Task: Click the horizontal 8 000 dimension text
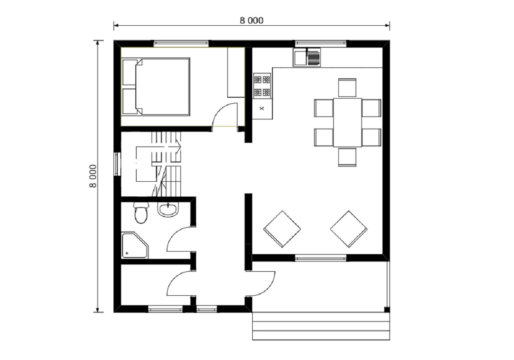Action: point(251,21)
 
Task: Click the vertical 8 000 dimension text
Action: point(93,176)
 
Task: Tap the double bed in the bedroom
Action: point(156,87)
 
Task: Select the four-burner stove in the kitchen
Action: point(262,86)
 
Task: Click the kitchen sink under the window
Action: point(307,57)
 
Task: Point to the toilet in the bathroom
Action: point(141,213)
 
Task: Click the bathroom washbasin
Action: point(168,210)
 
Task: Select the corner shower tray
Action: point(134,245)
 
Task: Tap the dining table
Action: point(347,123)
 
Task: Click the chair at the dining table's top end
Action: point(347,88)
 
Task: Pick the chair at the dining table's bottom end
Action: point(347,157)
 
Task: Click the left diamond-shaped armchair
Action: point(282,229)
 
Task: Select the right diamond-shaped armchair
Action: point(349,229)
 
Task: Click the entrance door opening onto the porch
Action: point(268,288)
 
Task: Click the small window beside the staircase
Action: point(117,164)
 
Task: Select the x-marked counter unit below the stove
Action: point(262,109)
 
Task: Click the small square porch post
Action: point(387,309)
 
